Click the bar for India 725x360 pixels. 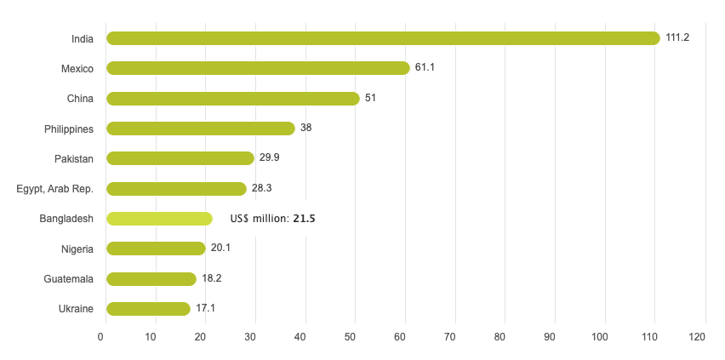click(383, 38)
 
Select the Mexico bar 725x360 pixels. click(258, 68)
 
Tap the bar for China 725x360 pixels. click(232, 99)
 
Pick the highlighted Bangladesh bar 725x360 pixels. click(159, 219)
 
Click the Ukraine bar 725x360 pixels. click(148, 309)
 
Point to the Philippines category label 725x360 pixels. click(69, 129)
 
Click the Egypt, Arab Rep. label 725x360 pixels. click(55, 189)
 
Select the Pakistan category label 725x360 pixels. click(74, 158)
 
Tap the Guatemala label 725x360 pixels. click(69, 278)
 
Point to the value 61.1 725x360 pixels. click(425, 68)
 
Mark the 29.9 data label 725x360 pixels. click(270, 158)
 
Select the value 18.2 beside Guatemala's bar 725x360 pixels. click(212, 278)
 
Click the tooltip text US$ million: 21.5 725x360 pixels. click(272, 219)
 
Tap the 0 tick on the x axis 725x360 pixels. click(101, 338)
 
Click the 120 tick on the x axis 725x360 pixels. click(699, 338)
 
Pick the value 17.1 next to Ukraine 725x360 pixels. click(206, 309)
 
